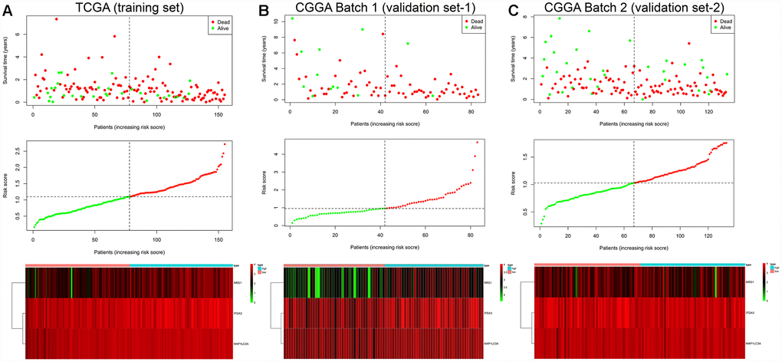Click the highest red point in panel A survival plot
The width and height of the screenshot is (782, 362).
coord(57,19)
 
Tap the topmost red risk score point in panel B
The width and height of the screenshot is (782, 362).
coord(477,142)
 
